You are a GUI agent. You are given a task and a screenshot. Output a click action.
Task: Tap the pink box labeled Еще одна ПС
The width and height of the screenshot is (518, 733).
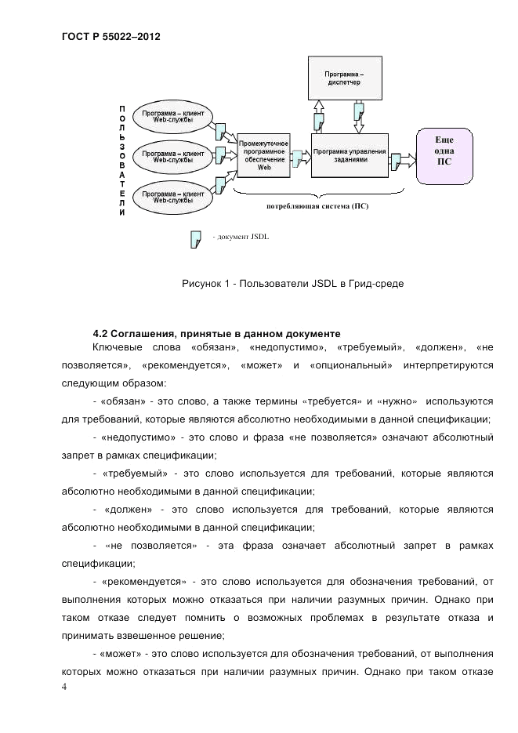click(444, 154)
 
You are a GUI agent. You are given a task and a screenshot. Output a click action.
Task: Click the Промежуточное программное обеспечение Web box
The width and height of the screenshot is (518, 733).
click(264, 157)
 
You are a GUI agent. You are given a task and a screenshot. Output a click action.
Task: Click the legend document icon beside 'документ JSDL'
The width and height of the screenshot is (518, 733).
click(197, 238)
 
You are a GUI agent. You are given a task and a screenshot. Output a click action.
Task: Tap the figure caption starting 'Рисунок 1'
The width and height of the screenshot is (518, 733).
click(292, 282)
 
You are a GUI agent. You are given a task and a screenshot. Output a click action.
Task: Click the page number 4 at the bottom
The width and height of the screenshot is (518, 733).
click(64, 688)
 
